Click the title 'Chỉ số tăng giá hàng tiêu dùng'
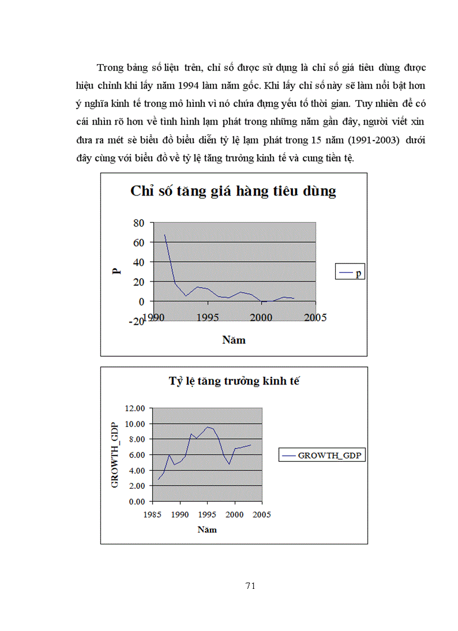[x=233, y=191]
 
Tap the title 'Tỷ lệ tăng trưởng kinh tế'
[x=235, y=382]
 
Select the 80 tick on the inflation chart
[x=138, y=223]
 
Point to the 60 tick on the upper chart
[x=138, y=243]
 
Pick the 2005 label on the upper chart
[x=315, y=317]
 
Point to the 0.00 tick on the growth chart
[x=136, y=501]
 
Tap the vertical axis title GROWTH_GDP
[x=115, y=454]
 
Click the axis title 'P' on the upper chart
[x=116, y=271]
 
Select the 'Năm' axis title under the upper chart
[x=233, y=340]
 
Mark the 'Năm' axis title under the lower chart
[x=207, y=529]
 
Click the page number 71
[x=251, y=586]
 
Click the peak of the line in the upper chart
[x=164, y=235]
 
